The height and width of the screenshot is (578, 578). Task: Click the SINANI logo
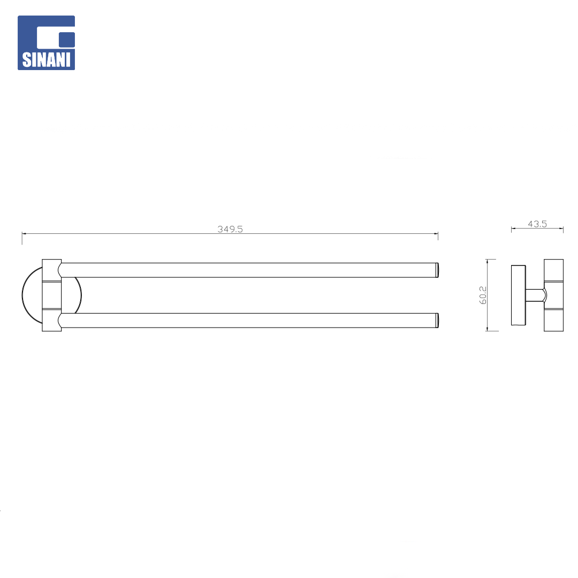46,43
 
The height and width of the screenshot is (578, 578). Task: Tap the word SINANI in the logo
46,60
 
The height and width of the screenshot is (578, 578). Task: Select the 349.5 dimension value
230,229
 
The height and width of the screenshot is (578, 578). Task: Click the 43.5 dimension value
537,224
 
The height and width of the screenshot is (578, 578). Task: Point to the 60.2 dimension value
483,295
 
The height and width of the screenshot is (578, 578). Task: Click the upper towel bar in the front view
249,270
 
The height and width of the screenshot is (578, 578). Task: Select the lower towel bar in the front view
249,321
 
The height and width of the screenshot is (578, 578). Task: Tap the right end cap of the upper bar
437,270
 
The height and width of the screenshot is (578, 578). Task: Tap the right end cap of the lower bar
437,321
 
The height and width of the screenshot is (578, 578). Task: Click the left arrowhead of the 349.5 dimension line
24,233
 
